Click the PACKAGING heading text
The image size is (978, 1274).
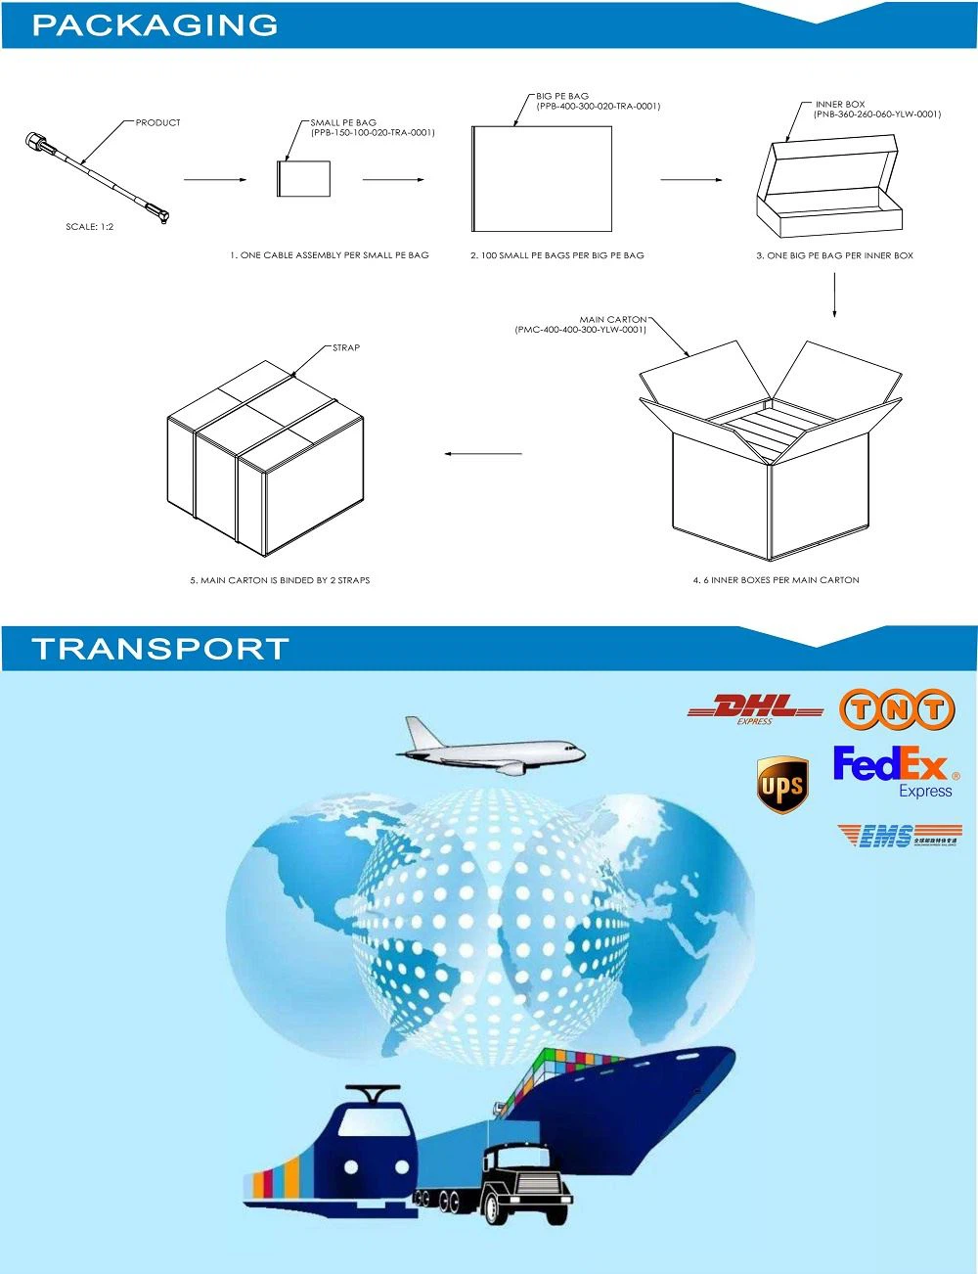click(155, 25)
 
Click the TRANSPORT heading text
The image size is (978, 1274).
click(160, 649)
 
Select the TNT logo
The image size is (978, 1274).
click(896, 709)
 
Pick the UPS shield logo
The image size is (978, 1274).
click(782, 784)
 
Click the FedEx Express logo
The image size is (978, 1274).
click(894, 771)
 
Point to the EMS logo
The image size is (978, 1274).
click(899, 836)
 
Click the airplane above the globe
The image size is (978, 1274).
click(489, 748)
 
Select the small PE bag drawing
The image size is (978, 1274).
click(304, 179)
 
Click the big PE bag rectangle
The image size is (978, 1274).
click(542, 179)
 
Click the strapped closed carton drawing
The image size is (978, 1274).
click(265, 457)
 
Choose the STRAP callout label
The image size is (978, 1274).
click(346, 347)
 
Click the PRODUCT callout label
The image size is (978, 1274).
click(157, 122)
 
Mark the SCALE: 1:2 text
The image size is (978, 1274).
click(89, 227)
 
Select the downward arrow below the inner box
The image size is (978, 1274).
click(834, 295)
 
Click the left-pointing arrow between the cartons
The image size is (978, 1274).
click(483, 453)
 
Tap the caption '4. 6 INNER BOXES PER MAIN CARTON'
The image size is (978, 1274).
click(776, 580)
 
